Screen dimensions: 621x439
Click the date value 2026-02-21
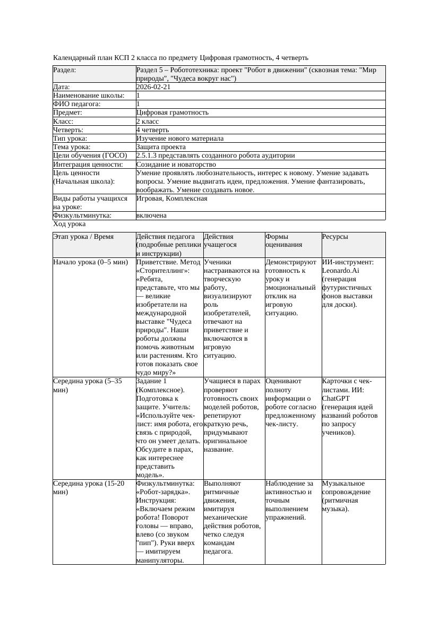[153, 87]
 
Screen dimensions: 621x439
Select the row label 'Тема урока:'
[72, 147]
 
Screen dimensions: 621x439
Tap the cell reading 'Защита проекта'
[161, 147]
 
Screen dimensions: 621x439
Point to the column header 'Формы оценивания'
[284, 240]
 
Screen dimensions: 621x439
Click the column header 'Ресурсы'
[335, 237]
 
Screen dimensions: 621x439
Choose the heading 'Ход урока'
[69, 225]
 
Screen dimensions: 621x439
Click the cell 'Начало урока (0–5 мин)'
[90, 262]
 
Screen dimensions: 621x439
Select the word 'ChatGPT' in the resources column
[337, 398]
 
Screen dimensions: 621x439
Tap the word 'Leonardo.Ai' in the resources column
[340, 271]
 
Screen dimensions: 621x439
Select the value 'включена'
[151, 215]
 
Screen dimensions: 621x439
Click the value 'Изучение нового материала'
[180, 139]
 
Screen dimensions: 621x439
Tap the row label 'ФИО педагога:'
[77, 104]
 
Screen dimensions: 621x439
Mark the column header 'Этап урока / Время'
[83, 237]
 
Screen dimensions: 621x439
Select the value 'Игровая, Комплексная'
[171, 199]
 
